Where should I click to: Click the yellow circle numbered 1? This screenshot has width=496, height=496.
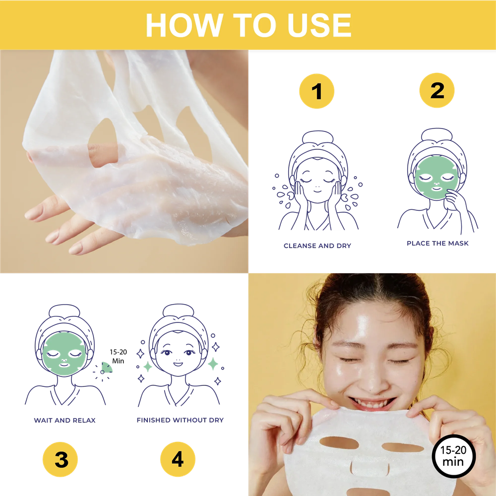point(316,91)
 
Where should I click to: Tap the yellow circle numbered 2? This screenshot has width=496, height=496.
point(437,90)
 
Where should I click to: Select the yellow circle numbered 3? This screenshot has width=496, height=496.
point(60,459)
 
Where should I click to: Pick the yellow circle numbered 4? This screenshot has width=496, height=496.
point(178,459)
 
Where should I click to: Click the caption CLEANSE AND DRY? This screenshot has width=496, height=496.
point(317,246)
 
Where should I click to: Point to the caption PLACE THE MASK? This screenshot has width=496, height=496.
point(437,243)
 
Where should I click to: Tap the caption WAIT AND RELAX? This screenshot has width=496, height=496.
point(64,421)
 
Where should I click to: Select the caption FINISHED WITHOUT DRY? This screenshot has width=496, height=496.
point(180,420)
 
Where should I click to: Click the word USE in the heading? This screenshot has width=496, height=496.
point(319,25)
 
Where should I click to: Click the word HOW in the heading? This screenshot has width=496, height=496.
point(185,25)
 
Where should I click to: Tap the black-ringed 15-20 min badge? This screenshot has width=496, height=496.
point(454,455)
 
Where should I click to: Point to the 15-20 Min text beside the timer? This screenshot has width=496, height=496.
point(119,357)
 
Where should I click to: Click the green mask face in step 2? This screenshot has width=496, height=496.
point(436,178)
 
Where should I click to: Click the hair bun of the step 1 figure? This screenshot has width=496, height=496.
point(317,137)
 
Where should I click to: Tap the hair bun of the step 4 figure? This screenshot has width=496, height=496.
point(178,310)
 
